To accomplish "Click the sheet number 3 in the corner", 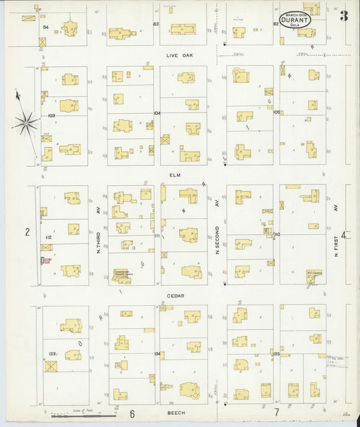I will pyautogui.click(x=344, y=16).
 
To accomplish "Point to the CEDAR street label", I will pyautogui.click(x=177, y=295).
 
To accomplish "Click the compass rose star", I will pyautogui.click(x=26, y=122).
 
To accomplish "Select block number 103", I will pyautogui.click(x=51, y=116).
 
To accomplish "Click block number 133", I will pyautogui.click(x=52, y=353).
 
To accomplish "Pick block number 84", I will pyautogui.click(x=47, y=27).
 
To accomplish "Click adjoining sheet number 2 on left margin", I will pyautogui.click(x=27, y=232).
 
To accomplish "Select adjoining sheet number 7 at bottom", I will pyautogui.click(x=276, y=411).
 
